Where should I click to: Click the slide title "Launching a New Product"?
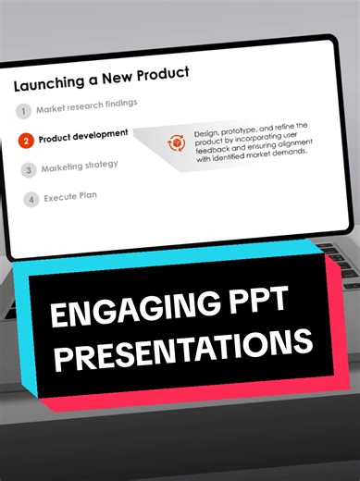[101, 79]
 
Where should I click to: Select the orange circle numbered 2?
[27, 141]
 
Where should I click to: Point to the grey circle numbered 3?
[30, 170]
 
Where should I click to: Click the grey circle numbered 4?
[32, 199]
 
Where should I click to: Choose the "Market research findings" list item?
[87, 106]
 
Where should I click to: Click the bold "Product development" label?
[83, 135]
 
